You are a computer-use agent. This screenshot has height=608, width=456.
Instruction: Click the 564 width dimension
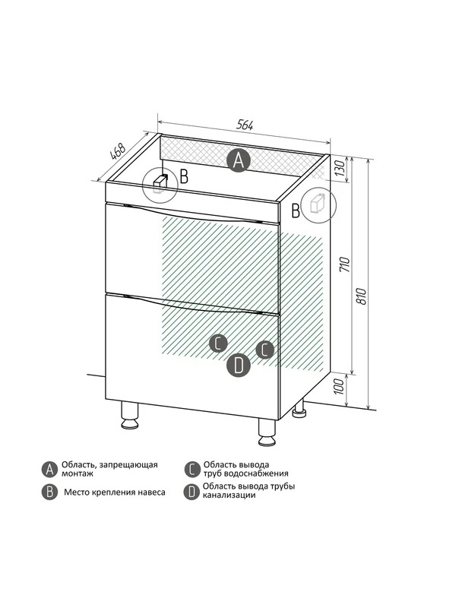pos(245,125)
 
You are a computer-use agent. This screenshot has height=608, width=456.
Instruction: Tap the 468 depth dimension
pos(118,151)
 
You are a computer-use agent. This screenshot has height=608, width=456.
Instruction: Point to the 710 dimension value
pos(345,264)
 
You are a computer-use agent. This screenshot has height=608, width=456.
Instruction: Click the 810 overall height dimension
pos(361,296)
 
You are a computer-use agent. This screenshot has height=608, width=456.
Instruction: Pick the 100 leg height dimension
pos(339,386)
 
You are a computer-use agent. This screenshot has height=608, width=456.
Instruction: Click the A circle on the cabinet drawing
pos(239,160)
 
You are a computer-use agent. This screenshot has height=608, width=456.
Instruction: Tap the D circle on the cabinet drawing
pos(238,365)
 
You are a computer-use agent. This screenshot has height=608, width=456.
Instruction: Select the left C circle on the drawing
pos(218,344)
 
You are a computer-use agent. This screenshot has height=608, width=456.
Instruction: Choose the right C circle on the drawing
pos(264,350)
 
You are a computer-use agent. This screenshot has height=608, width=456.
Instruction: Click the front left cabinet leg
pos(130,415)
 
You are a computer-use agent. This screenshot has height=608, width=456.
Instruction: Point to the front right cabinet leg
pos(267,432)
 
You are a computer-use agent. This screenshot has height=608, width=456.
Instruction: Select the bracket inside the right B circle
pos(318,202)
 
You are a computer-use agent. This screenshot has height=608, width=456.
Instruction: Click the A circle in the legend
pos(49,469)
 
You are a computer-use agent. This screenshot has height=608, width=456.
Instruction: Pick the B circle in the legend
pos(49,492)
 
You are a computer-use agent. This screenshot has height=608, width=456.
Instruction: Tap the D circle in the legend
pos(192,492)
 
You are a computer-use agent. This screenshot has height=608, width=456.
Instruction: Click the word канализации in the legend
pos(230,496)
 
